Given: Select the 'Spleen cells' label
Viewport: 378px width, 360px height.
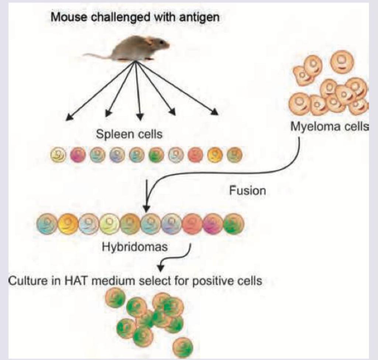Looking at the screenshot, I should pyautogui.click(x=129, y=134).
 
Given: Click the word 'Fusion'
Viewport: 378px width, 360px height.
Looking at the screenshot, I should pyautogui.click(x=247, y=191).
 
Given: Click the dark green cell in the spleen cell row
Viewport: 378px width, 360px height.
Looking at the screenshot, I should pyautogui.click(x=156, y=154).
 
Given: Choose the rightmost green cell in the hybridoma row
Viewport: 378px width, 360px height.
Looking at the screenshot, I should pyautogui.click(x=234, y=224).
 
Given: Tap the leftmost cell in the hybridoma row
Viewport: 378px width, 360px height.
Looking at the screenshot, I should pyautogui.click(x=47, y=224).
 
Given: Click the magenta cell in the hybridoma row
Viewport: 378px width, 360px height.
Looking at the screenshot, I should pyautogui.click(x=213, y=224).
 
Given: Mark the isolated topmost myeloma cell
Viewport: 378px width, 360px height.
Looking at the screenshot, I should pyautogui.click(x=342, y=62).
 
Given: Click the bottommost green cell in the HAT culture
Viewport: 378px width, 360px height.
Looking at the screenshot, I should pyautogui.click(x=183, y=347).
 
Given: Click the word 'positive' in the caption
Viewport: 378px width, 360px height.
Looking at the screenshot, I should pyautogui.click(x=219, y=281).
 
